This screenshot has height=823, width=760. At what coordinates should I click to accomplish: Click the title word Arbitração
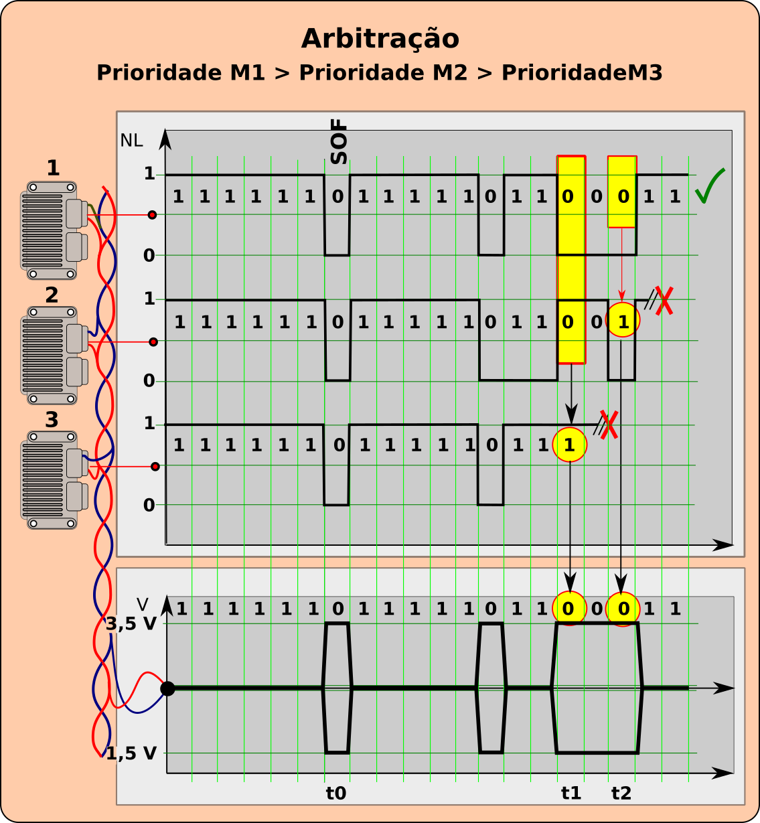coord(380,40)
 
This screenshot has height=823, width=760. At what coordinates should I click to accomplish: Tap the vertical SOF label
coord(339,141)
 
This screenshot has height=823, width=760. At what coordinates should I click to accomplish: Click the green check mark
coord(710,185)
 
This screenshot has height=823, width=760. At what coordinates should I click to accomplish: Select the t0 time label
coord(335,793)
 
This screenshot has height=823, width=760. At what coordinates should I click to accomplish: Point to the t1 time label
coord(571,793)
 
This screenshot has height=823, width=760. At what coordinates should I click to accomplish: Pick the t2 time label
coord(621,793)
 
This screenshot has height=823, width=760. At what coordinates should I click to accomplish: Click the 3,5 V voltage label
coord(131,623)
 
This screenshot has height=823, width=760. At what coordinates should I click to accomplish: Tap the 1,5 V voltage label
coord(131,753)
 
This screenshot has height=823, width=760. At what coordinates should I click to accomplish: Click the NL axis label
coord(131,141)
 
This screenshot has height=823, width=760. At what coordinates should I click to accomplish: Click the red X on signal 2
coord(664,301)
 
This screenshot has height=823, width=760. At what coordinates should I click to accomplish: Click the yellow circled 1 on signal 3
coord(570,445)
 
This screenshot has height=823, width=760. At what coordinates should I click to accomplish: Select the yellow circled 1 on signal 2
coord(623,320)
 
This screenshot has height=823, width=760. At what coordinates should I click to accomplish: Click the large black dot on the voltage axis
coord(167,688)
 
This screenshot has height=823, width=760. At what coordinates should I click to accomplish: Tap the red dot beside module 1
coord(152,215)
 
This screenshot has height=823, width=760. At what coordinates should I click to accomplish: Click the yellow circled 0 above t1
coord(569,608)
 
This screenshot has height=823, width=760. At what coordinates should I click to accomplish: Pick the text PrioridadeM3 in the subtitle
coord(582,73)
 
